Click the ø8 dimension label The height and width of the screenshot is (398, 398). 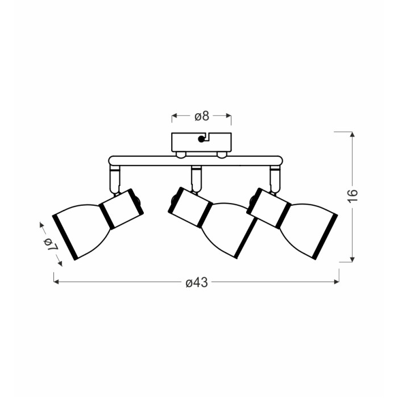[202, 116]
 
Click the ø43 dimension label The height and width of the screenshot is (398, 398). [197, 283]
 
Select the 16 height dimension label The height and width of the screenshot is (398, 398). [353, 196]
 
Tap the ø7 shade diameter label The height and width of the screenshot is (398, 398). [51, 244]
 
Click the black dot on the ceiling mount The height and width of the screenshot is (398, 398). [201, 139]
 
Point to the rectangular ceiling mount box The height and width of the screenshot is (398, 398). [201, 142]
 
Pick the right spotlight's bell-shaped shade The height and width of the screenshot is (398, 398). [308, 230]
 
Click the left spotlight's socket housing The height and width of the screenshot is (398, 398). [122, 209]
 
